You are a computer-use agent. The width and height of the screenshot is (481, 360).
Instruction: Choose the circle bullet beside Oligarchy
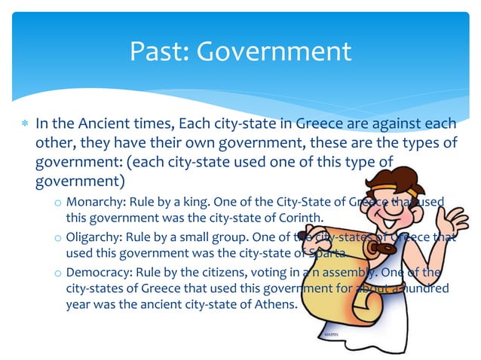click(57, 238)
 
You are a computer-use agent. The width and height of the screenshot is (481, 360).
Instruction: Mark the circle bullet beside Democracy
click(57, 273)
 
